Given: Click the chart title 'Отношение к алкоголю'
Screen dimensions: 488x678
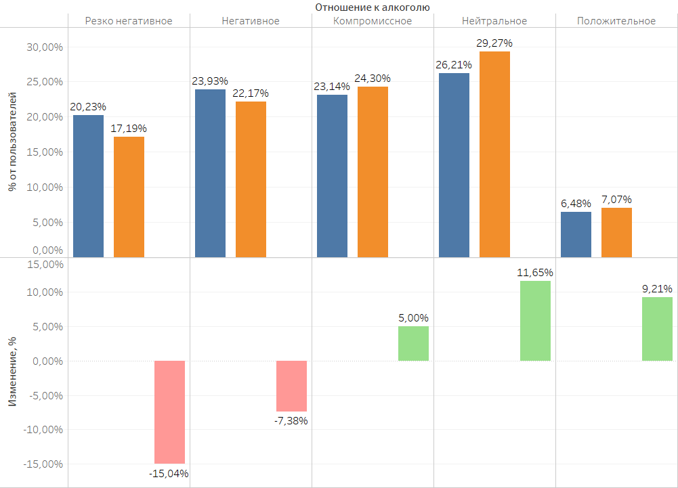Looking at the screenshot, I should coord(373,7).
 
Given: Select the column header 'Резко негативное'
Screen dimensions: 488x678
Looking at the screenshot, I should coord(129,21).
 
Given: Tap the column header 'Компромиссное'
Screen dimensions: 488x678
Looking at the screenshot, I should coord(373,21).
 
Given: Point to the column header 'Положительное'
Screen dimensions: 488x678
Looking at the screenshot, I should coord(616,21).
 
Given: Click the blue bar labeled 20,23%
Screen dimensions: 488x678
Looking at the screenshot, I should coord(88,186).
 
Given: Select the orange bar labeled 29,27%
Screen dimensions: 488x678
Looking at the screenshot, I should coord(494,154).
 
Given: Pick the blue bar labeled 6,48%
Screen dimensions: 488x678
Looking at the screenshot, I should coord(576,234).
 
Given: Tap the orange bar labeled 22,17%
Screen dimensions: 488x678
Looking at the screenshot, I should coord(251,179).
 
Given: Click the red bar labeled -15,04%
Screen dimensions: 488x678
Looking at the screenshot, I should coord(169,412).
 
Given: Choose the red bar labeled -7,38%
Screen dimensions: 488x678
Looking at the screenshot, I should coord(291,386).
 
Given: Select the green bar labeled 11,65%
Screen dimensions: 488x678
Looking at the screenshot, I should coord(535,321).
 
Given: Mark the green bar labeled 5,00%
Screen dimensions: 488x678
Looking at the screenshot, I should coord(413,344).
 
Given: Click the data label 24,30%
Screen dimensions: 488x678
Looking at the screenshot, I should coord(373,79).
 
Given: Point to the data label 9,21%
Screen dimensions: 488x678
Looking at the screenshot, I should coord(657,289).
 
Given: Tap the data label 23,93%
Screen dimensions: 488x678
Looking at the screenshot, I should coord(210,81).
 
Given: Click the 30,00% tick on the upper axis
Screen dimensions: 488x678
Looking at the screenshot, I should coord(45,47).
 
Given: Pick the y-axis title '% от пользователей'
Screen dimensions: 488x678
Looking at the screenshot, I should coord(12,142).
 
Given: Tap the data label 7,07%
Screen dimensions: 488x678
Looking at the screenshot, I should coord(616,200).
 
